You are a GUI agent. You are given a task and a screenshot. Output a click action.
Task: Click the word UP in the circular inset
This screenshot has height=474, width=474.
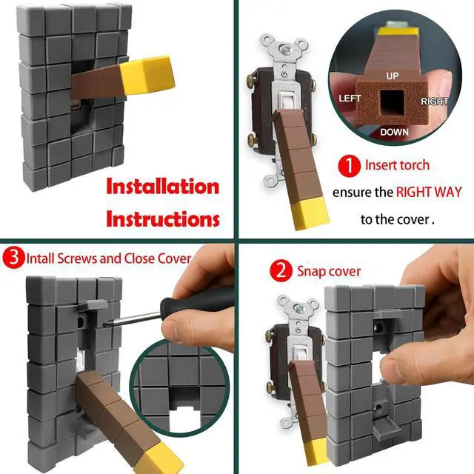(x=392, y=76)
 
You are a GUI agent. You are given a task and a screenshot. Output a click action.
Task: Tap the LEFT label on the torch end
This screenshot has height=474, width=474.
(x=350, y=99)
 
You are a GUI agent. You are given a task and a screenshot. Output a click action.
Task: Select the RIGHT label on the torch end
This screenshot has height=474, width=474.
(x=435, y=101)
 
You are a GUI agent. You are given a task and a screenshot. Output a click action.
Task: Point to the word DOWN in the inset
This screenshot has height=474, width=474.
(x=394, y=132)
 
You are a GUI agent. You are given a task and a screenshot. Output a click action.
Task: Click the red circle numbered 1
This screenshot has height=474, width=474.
(x=349, y=166)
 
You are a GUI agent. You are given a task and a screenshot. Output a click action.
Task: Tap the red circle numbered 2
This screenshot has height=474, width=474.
(x=281, y=271)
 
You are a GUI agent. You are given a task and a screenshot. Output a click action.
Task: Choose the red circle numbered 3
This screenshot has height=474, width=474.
(x=13, y=258)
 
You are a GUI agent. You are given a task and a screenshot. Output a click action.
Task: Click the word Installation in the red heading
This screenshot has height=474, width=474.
(x=163, y=187)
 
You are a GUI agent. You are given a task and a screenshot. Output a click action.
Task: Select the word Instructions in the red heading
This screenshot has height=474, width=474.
(x=163, y=219)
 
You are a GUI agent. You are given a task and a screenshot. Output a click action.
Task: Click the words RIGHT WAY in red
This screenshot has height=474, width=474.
(x=429, y=192)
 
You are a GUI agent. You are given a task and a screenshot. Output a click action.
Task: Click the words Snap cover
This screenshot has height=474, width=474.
(x=329, y=271)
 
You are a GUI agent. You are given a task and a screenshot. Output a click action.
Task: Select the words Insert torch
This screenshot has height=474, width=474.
(x=397, y=165)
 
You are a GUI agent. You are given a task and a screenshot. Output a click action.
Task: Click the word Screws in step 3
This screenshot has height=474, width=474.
(x=77, y=258)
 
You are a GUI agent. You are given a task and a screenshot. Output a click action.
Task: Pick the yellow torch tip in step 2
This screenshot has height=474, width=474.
(x=317, y=451)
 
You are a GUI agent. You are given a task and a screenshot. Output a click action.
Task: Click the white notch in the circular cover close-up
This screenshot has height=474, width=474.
(x=181, y=418)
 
